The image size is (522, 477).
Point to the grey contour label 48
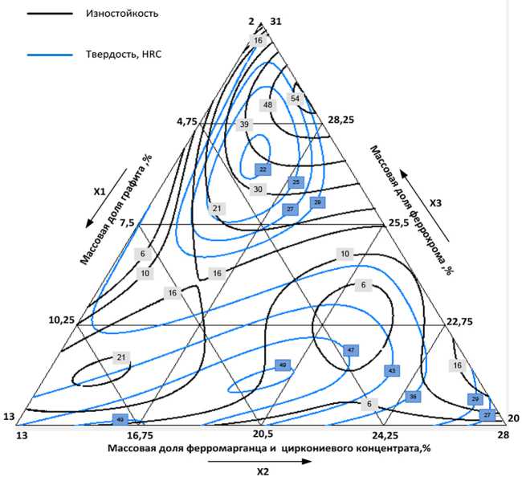[x=268, y=105]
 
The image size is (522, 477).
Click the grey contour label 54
[x=296, y=99]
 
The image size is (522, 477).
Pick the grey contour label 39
[x=245, y=124]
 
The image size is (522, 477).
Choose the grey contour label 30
[x=258, y=190]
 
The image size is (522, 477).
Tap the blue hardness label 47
[x=351, y=350]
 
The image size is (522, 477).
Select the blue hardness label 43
[x=391, y=371]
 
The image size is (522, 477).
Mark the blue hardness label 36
[x=413, y=397]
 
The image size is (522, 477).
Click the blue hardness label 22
[x=261, y=169]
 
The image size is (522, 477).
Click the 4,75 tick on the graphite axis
[x=186, y=121]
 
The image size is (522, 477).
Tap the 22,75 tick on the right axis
[x=461, y=320]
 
